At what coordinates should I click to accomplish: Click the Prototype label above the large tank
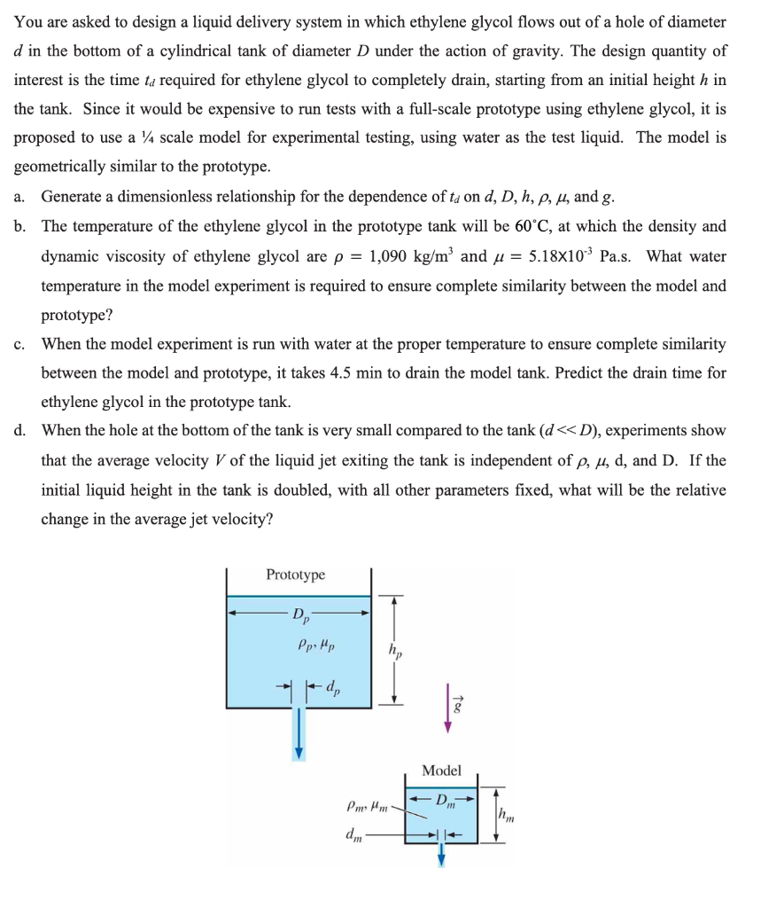[x=295, y=575]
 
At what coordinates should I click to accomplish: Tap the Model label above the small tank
[x=441, y=771]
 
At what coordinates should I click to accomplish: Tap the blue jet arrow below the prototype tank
[x=299, y=735]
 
